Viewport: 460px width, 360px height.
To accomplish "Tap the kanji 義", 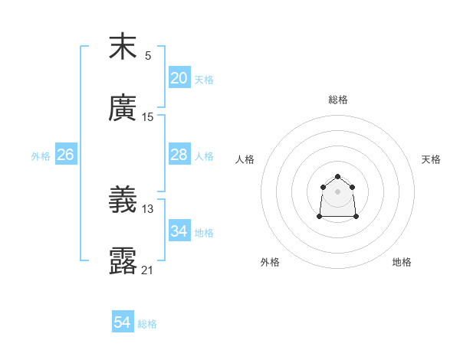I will point(123,200).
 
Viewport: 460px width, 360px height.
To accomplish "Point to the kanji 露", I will point(123,261).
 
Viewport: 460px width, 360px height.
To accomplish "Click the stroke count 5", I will point(148,56).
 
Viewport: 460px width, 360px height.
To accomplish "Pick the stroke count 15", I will point(148,117).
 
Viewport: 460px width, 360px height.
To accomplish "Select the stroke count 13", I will point(148,209).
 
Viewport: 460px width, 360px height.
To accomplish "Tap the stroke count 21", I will point(148,270).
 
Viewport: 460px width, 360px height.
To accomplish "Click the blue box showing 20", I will point(179,78).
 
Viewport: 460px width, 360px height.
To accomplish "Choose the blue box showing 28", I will point(179,155).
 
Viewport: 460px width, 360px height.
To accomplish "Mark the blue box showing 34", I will point(179,231).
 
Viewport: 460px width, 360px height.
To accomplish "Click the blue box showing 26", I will point(65,155).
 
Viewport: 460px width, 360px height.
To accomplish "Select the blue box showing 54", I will point(123,323).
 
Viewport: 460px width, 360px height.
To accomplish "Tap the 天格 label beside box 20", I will point(204,80).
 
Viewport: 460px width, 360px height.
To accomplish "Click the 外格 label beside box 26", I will point(41,156).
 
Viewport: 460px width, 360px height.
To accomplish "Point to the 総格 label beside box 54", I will point(147,325).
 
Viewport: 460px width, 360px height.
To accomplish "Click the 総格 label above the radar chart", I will point(338,100).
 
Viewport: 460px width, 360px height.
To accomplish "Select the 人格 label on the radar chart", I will point(245,159).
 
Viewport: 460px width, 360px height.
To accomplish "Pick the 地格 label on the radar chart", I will point(402,262).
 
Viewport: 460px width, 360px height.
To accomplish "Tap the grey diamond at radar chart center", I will point(337,191).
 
